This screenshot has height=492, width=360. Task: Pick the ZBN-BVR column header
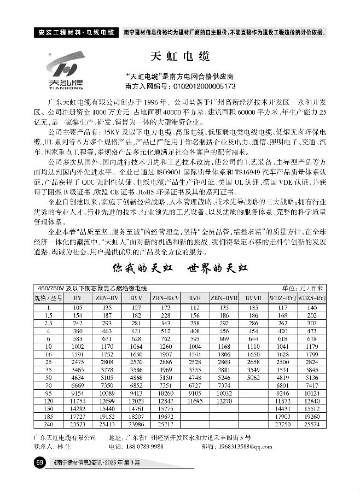pyautogui.click(x=224, y=298)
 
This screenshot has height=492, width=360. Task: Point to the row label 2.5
pyautogui.click(x=49, y=323)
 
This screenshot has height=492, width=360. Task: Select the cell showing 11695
pyautogui.click(x=195, y=401)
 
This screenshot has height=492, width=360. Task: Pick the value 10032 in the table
pyautogui.click(x=224, y=393)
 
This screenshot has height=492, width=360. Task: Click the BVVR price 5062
pyautogui.click(x=253, y=377)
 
